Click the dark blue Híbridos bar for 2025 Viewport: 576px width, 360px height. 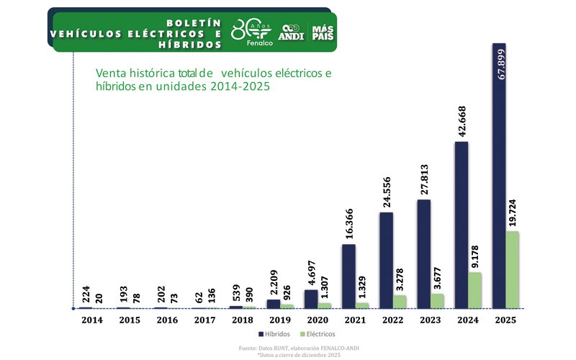click(499, 176)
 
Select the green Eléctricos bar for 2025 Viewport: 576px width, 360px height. click(512, 270)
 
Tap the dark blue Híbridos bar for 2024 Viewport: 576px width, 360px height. click(462, 225)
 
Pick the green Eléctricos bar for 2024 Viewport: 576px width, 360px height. click(474, 290)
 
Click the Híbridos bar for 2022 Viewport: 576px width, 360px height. click(386, 260)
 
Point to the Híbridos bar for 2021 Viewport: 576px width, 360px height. click(348, 276)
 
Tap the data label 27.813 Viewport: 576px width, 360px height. click(423, 176)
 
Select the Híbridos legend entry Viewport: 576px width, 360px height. click(275, 334)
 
